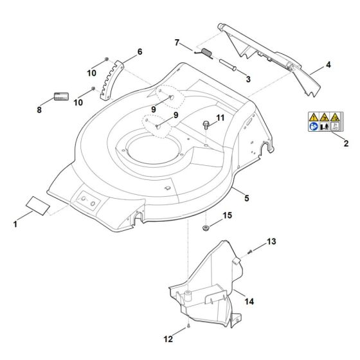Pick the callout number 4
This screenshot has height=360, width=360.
(x=328, y=66)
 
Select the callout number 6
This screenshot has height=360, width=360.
(x=139, y=51)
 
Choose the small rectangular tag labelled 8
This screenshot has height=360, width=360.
(x=62, y=96)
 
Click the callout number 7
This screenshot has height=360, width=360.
(x=177, y=42)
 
